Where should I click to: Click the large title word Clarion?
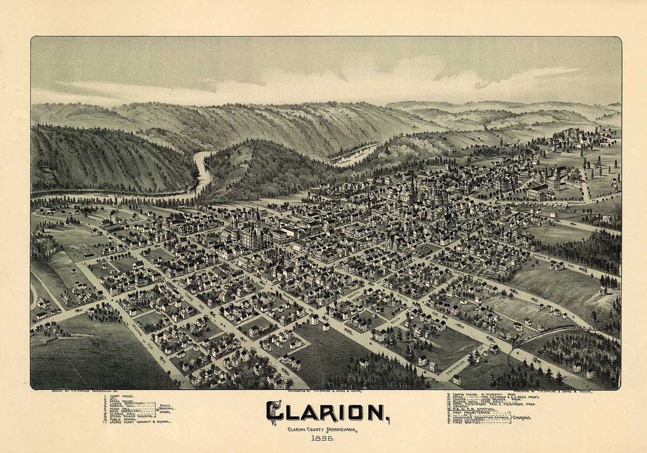coord(328,413)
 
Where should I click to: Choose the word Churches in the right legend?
coord(521,417)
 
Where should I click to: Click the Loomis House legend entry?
coord(474,394)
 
